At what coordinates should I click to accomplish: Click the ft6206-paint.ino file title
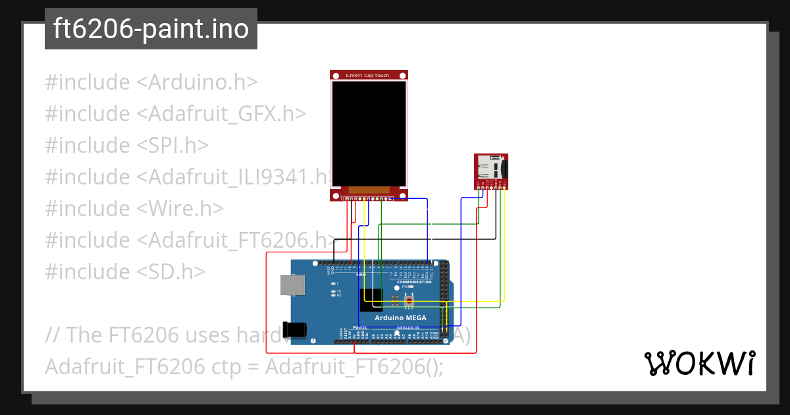coord(151,29)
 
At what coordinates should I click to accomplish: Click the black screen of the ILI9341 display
coord(369,134)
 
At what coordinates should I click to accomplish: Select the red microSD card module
coord(490,169)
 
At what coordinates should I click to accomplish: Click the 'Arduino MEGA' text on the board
coord(400,318)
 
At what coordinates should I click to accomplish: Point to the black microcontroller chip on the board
coord(372,300)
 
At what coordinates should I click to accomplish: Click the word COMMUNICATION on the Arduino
coord(414,282)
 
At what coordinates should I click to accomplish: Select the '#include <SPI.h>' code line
coord(127,146)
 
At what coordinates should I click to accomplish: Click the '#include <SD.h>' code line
coord(125,271)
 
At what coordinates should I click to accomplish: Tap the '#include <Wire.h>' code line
coord(134,208)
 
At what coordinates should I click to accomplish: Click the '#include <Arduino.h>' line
coord(151,82)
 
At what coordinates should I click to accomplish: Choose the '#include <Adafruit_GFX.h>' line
coord(176,114)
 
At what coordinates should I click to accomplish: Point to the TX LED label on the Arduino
coord(338,290)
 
